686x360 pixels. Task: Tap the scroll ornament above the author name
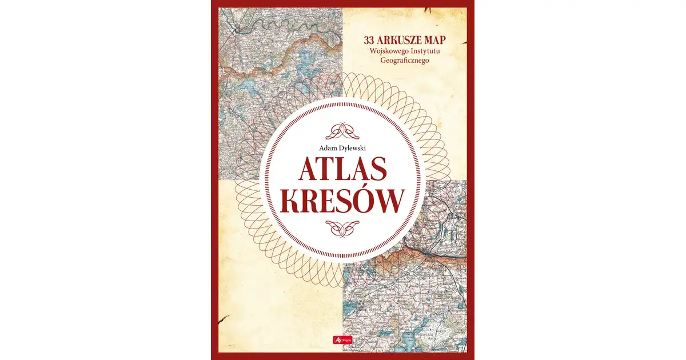click(342, 130)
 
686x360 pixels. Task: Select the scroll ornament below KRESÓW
click(342, 228)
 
